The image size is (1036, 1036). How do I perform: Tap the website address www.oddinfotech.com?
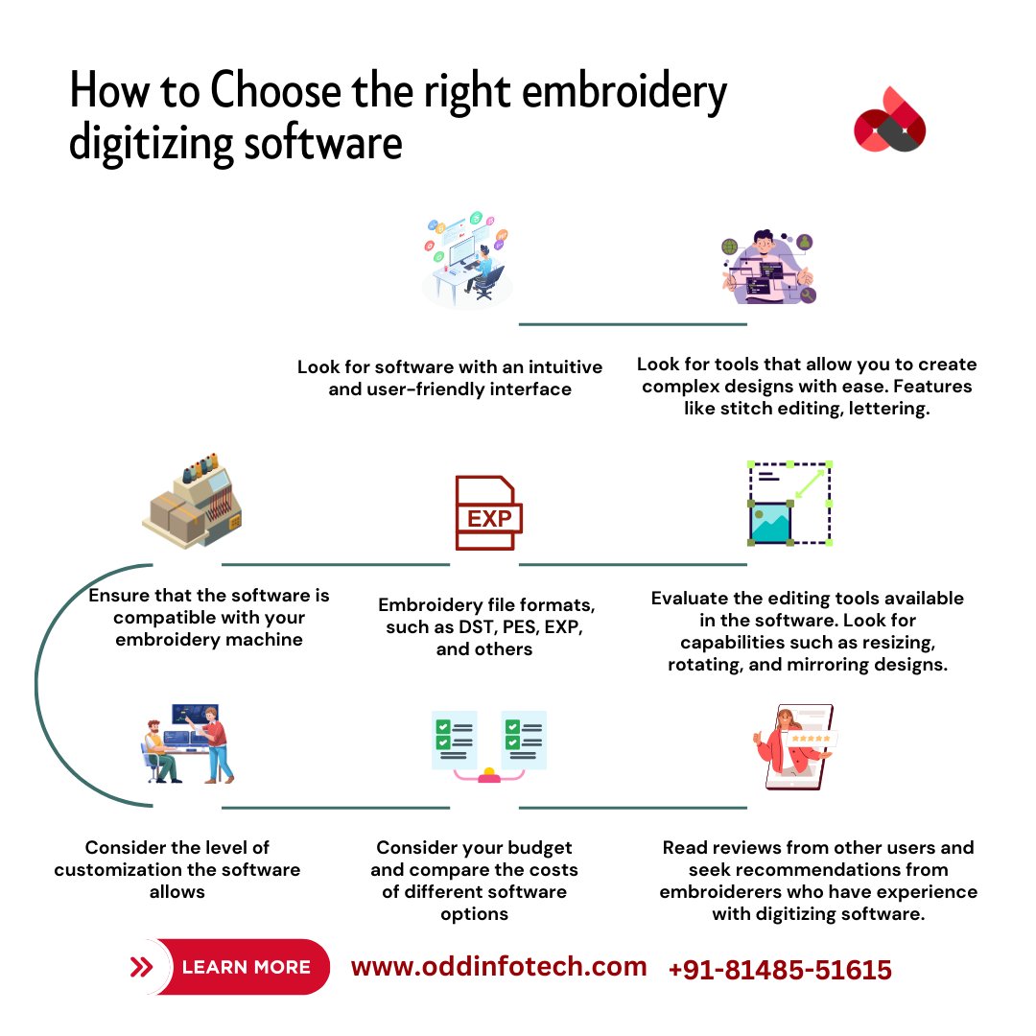coord(499,967)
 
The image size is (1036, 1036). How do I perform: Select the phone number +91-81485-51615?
coord(779,970)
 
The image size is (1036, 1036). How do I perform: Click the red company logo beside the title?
coord(889,119)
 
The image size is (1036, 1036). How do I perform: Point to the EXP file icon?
coord(488,513)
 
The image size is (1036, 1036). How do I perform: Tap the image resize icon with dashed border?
coord(789,503)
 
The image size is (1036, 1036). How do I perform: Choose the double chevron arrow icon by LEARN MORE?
coord(142,967)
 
